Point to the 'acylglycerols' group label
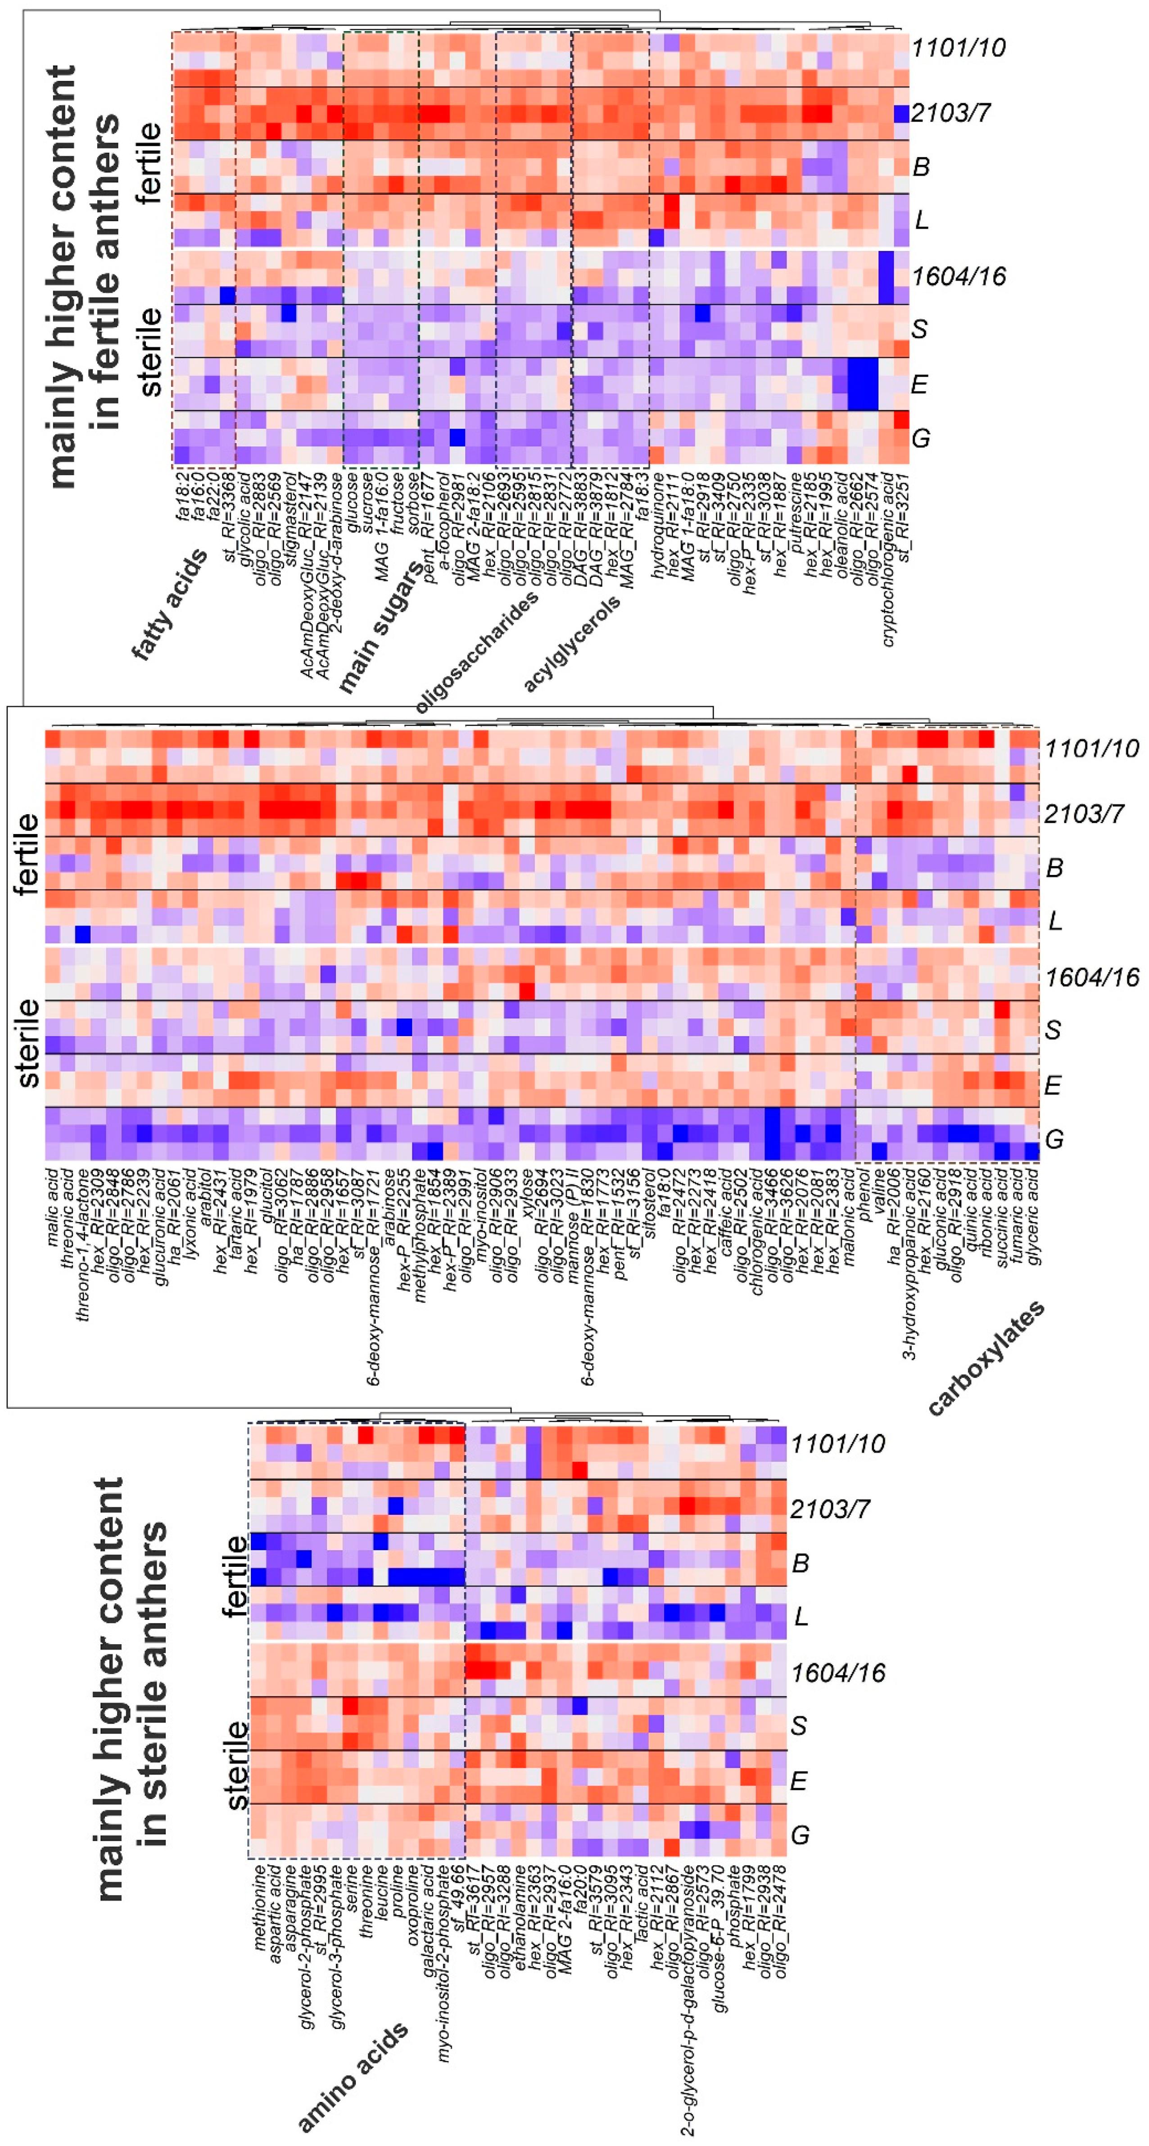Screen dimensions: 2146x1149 (572, 644)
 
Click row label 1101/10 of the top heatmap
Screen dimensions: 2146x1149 (958, 48)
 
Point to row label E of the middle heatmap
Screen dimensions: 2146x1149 (1052, 1085)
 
